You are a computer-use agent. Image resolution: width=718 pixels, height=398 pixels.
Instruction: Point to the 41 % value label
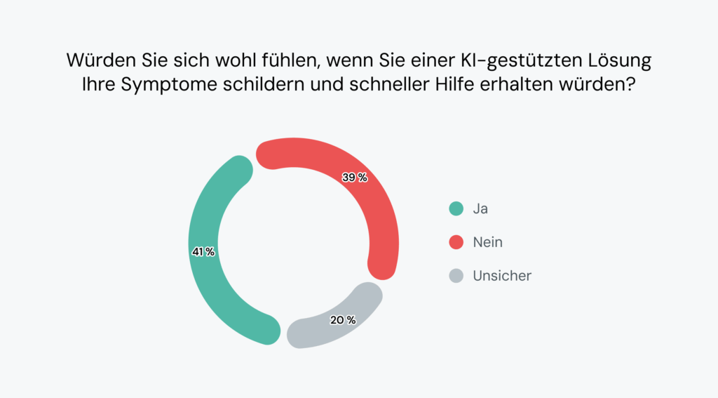point(203,251)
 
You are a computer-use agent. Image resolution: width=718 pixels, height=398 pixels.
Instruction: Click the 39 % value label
point(355,178)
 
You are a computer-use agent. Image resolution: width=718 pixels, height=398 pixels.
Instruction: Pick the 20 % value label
point(343,320)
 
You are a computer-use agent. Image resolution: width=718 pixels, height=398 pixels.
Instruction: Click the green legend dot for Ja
point(456,208)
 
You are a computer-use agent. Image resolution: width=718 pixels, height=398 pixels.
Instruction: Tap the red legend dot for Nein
point(456,242)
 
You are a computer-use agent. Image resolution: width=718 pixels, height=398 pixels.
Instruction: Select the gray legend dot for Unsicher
point(456,276)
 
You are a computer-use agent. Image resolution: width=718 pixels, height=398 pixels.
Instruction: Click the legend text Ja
point(480,208)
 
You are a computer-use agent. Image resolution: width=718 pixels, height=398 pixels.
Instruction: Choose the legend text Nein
point(488,242)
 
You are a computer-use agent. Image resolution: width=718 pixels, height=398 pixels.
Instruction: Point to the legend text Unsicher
point(502,276)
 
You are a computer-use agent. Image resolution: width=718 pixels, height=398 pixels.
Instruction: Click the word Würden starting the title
point(97,61)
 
